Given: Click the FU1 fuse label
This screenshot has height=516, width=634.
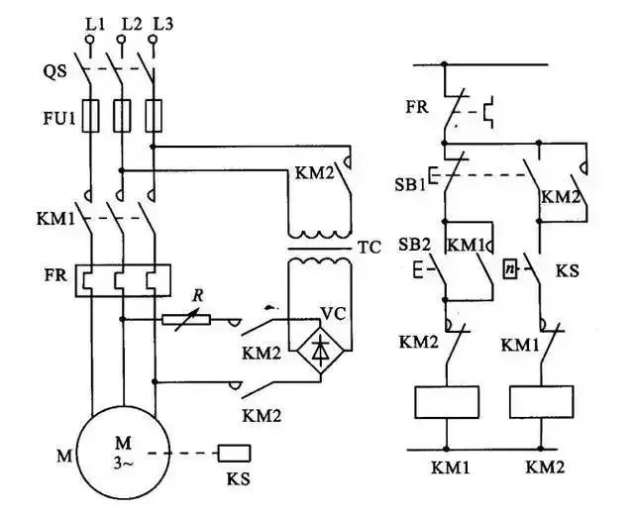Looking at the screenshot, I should point(55,118).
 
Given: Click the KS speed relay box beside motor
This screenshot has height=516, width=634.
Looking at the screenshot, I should point(234,453).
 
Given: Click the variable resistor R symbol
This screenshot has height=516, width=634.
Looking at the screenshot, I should point(187,319).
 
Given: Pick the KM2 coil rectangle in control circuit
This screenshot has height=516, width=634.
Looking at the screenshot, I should point(540,403).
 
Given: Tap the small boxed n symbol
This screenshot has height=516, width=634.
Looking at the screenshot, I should point(508,267).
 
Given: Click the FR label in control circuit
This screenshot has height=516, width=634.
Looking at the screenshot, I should point(417,104).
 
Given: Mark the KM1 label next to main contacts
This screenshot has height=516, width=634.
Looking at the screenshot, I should point(58,216).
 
